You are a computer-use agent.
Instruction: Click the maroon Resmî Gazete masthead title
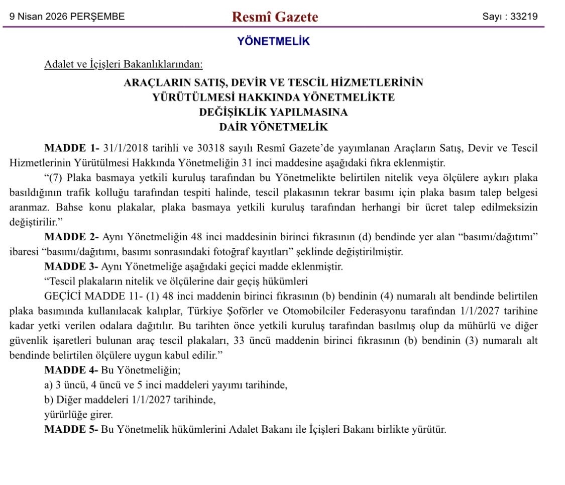[275, 17]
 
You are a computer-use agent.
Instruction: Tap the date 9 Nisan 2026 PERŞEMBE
[67, 17]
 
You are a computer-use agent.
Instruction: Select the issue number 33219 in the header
[524, 16]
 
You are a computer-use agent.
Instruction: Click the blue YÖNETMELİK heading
[274, 41]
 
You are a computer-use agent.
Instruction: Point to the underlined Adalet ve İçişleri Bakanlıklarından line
[124, 64]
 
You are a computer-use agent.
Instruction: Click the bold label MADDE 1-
[72, 148]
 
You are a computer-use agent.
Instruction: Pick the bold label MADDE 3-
[72, 266]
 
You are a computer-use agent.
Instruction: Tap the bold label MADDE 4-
[72, 370]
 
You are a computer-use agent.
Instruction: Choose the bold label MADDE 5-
[72, 430]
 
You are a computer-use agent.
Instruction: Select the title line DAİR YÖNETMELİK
[274, 127]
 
